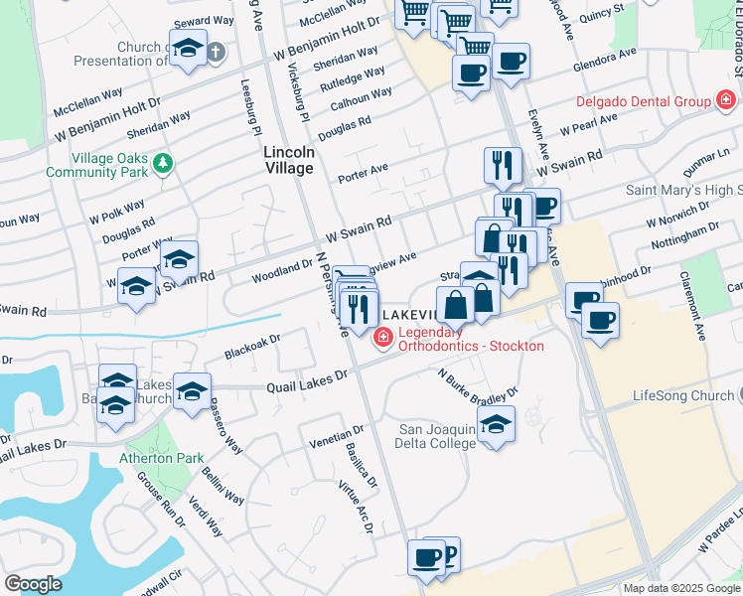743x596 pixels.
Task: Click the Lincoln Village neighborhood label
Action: pos(289,160)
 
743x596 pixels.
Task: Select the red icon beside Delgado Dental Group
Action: pos(726,101)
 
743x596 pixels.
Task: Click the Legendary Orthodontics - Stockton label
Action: pos(471,339)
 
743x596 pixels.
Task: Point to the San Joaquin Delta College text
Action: pos(437,436)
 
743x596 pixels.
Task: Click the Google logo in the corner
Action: pos(33,584)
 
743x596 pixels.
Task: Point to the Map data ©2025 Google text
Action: pos(681,588)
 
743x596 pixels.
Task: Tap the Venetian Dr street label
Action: pos(337,437)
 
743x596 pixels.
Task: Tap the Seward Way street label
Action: pos(206,21)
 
